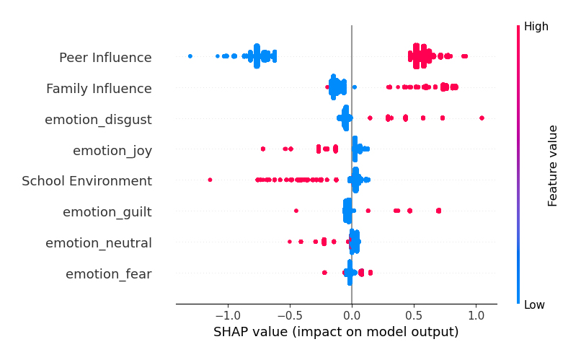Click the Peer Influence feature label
(105, 58)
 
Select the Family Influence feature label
(99, 89)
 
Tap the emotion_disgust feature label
(98, 120)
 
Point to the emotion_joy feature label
(112, 151)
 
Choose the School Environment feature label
(87, 181)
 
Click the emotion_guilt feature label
(107, 212)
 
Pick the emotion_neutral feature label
(99, 243)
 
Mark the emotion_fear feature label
(109, 274)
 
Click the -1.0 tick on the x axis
(228, 315)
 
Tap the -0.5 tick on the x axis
(290, 315)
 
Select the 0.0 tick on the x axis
(352, 315)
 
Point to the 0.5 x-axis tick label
(414, 315)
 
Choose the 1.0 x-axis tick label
(476, 315)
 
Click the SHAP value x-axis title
(336, 332)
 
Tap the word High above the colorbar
(536, 27)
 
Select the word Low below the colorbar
(534, 305)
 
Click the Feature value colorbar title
(553, 165)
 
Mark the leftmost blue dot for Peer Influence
(190, 56)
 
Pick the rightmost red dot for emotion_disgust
(482, 118)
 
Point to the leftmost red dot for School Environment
(210, 180)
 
